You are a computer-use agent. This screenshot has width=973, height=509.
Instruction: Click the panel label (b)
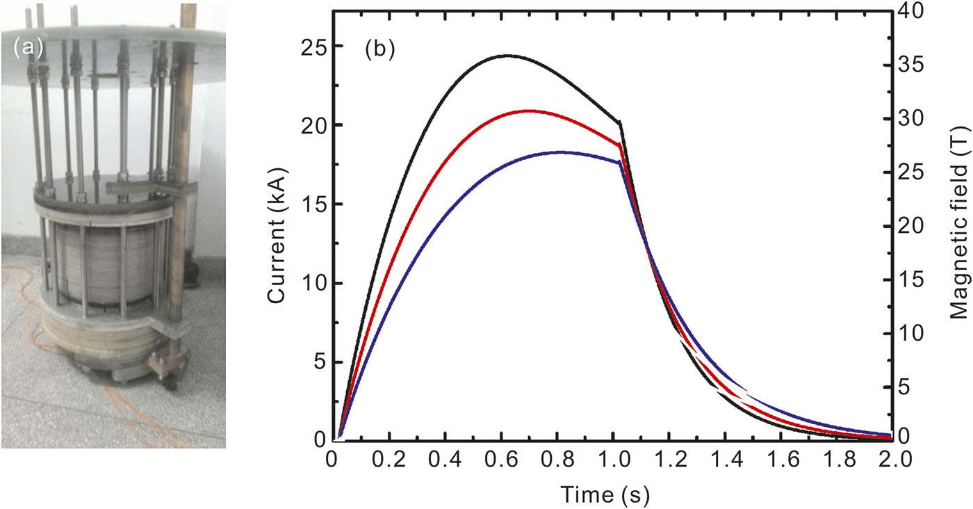(379, 51)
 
